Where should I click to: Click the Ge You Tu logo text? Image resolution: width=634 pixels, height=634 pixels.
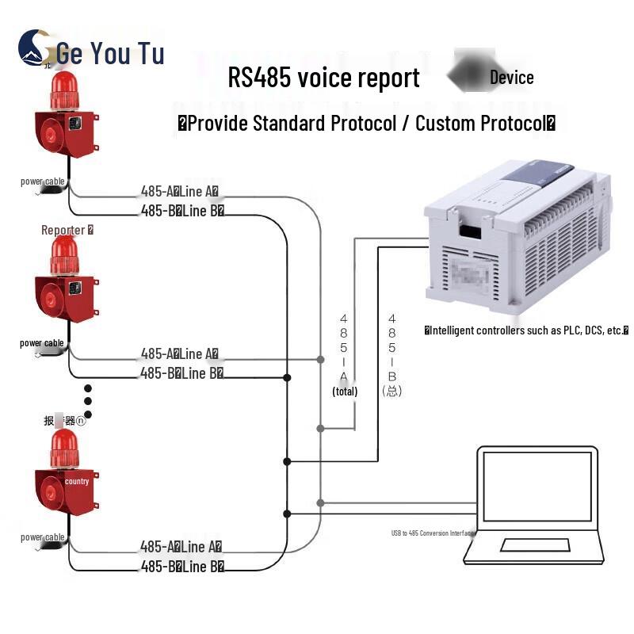coord(109,53)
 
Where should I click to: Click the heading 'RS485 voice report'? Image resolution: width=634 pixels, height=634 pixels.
coord(323,78)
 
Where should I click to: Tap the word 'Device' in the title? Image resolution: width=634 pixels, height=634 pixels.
coord(511,77)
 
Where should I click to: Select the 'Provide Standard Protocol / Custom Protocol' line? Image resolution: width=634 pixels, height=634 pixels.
coord(365,123)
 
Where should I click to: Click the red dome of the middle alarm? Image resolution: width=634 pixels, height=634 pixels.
coord(64,254)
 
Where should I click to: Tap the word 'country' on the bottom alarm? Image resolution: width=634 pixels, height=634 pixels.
coord(77,481)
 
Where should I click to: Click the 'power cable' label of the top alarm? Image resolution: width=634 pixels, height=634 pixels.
coord(43,181)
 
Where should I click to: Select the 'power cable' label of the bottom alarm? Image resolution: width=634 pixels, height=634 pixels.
coord(43,537)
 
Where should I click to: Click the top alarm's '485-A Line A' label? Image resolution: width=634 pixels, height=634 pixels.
coord(179,191)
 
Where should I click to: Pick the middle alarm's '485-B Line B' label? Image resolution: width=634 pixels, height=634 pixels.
coord(181,372)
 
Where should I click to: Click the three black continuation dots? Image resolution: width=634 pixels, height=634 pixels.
coord(88,402)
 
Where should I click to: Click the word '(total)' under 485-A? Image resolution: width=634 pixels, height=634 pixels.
coord(345,391)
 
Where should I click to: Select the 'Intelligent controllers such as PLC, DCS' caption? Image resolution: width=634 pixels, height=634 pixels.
coord(526,330)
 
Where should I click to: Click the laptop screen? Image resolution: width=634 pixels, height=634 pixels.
coord(537,487)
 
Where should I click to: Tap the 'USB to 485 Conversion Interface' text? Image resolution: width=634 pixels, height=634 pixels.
coord(433,533)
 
